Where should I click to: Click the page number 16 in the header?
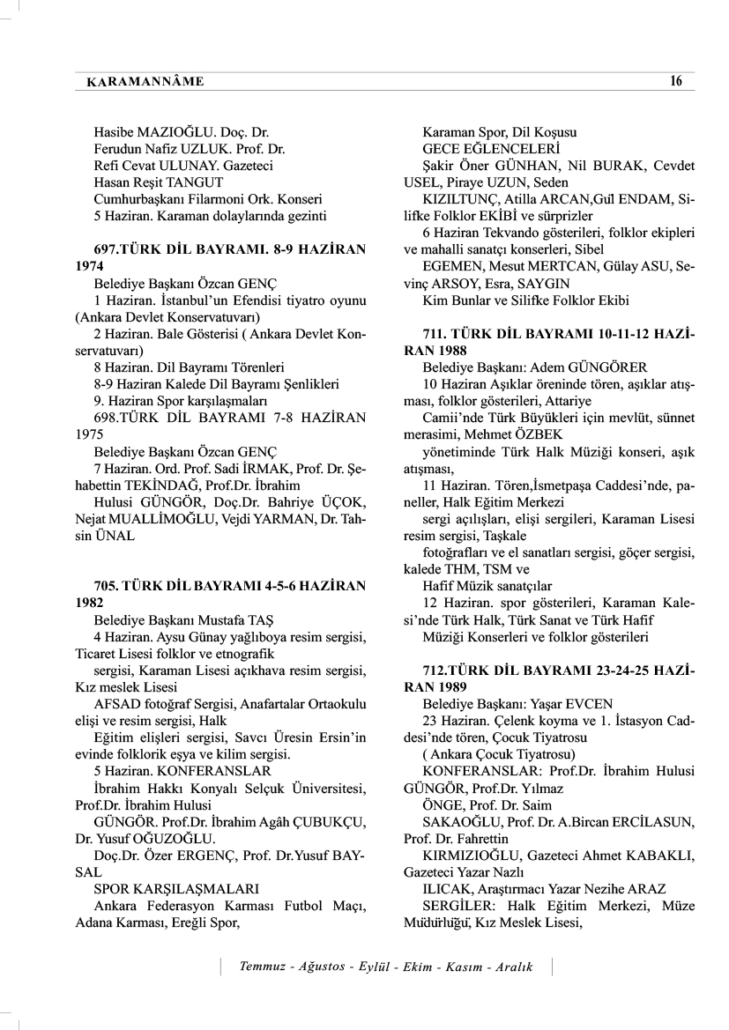[x=675, y=81]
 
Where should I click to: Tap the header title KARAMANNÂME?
[x=145, y=82]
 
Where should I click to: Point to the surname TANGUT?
[x=201, y=182]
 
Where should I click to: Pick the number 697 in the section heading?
[x=107, y=249]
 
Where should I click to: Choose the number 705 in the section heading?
[x=107, y=584]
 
